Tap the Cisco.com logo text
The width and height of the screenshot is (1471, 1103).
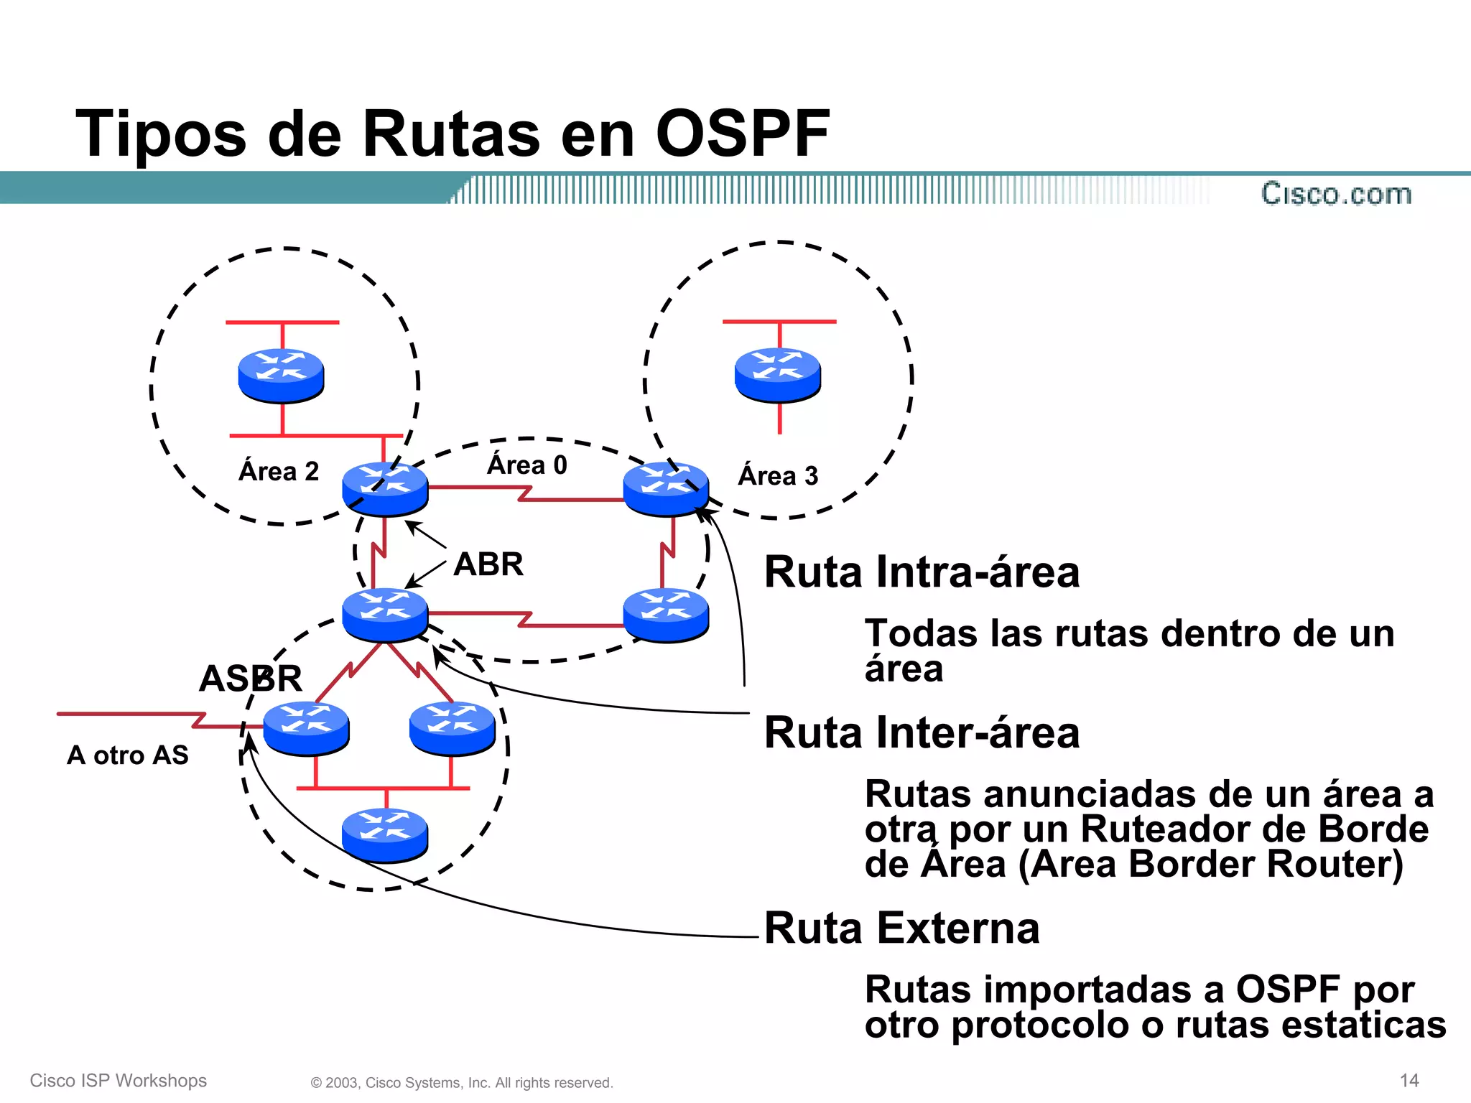(1336, 194)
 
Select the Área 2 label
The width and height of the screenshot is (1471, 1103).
(279, 472)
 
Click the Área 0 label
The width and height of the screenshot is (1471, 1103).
(527, 465)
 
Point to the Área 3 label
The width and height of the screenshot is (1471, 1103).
(778, 476)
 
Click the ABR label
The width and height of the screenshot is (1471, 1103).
(488, 564)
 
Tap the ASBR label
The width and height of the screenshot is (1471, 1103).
(250, 679)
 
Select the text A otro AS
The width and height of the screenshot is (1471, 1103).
(128, 755)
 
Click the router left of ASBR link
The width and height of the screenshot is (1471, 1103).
(306, 728)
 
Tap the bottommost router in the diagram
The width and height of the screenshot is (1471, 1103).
(385, 834)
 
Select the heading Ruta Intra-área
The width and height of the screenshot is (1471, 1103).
(922, 572)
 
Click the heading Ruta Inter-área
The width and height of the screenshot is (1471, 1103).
(922, 733)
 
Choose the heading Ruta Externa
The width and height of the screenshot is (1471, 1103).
(901, 929)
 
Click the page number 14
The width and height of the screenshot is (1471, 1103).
(1409, 1080)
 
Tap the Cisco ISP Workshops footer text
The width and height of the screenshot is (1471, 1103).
(119, 1081)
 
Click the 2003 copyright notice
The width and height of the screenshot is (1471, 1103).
(462, 1083)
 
